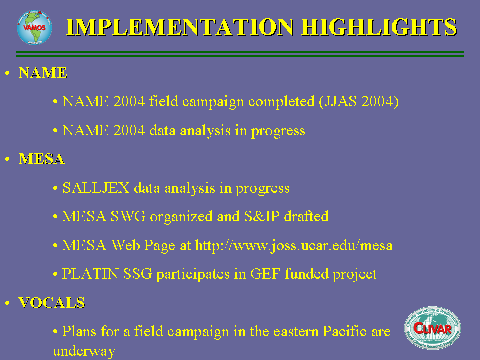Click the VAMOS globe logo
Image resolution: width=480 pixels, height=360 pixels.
tap(34, 28)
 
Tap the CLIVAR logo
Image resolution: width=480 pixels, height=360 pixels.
tap(433, 328)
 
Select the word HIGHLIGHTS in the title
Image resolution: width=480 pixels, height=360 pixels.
tap(379, 27)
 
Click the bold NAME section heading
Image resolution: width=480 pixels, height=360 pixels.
tap(43, 73)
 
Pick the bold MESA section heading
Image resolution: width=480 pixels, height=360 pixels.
tap(42, 159)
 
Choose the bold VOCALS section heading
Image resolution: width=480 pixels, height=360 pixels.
tap(52, 303)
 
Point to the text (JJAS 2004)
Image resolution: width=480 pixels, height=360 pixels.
tap(359, 101)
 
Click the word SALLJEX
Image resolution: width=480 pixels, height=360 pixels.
tap(96, 188)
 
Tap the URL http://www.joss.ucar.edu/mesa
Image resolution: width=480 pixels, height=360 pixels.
tap(294, 245)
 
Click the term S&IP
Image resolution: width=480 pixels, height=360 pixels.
tap(262, 216)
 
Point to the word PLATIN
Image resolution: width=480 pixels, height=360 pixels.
tap(90, 274)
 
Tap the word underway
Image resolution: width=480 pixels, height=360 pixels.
tap(84, 351)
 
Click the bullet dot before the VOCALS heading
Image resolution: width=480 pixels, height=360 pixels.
tap(7, 303)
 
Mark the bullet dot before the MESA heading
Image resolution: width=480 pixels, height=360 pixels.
tap(7, 159)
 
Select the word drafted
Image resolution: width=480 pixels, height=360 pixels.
tap(306, 216)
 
